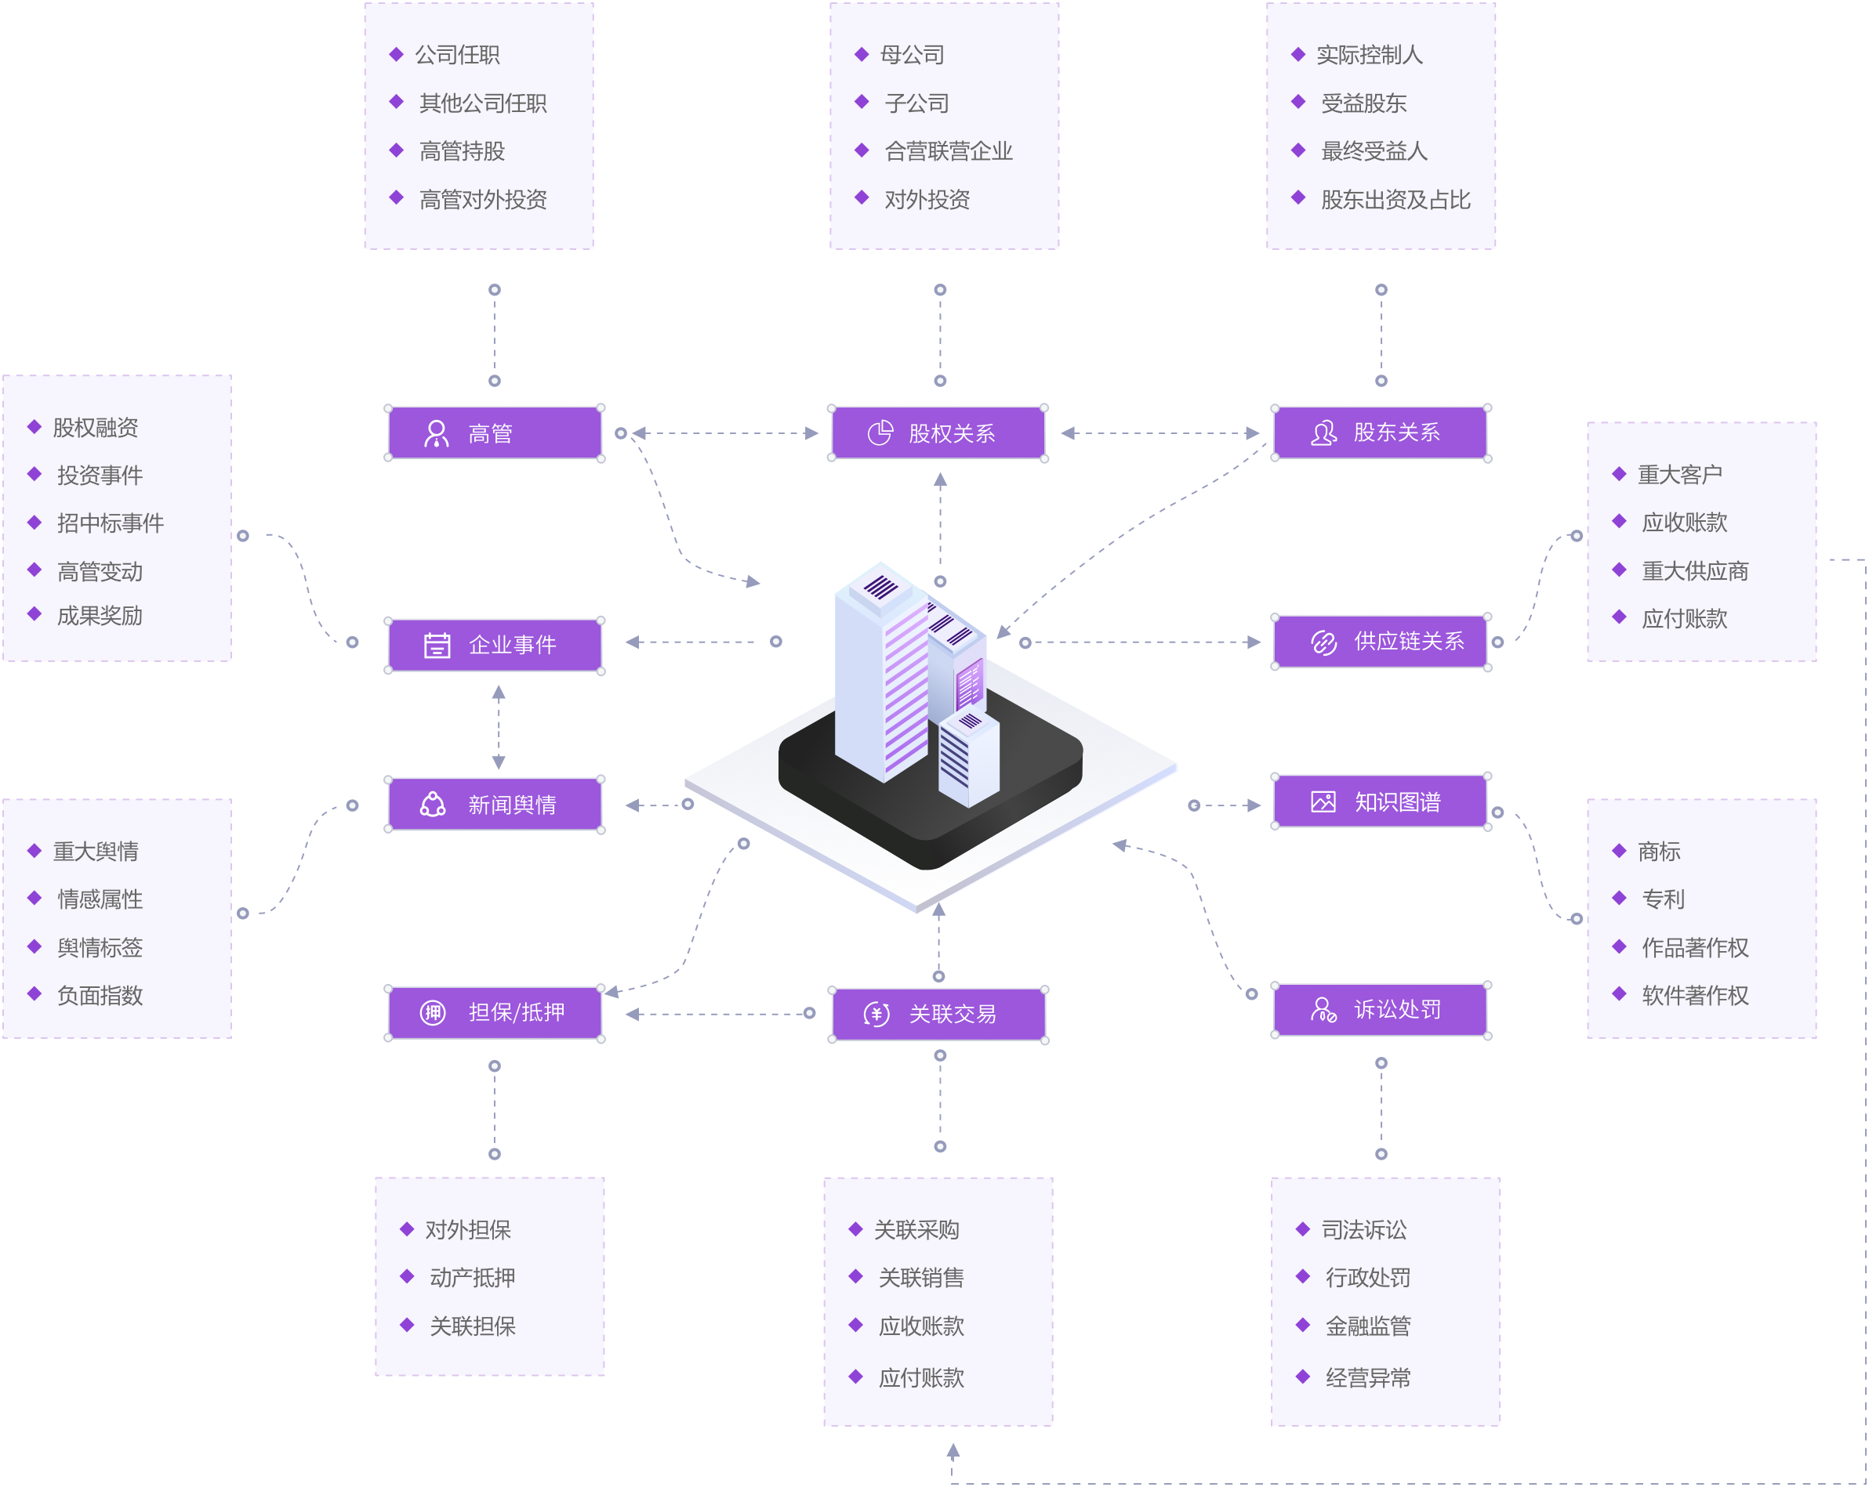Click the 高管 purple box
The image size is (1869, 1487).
(494, 433)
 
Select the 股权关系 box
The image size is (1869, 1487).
(938, 433)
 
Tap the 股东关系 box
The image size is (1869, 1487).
(1381, 432)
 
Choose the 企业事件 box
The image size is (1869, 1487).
(494, 645)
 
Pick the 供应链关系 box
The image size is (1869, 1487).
(1381, 641)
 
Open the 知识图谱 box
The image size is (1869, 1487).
(1381, 801)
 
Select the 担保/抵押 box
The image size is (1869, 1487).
(494, 1012)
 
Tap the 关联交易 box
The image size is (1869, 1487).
(938, 1013)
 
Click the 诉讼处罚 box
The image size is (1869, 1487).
(1381, 1010)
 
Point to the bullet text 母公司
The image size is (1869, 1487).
(912, 56)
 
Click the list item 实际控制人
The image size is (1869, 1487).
(1369, 56)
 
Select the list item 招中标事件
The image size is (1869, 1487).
(110, 523)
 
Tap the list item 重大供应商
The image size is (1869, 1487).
(1694, 571)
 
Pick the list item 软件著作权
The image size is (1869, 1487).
(1694, 996)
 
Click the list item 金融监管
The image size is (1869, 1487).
(1367, 1326)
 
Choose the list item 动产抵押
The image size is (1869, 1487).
(472, 1277)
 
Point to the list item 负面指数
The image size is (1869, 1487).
(100, 996)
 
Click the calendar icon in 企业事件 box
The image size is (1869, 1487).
(437, 646)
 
